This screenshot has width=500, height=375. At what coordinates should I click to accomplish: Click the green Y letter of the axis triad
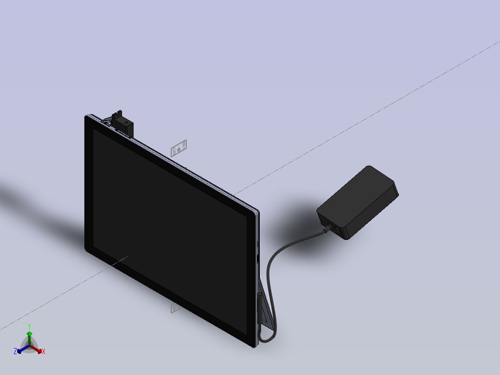coord(29,326)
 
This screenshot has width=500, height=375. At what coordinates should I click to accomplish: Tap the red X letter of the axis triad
coord(44,352)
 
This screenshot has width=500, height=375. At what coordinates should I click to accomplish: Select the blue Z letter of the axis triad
coord(15,352)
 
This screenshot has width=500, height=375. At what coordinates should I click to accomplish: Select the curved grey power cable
coord(270,269)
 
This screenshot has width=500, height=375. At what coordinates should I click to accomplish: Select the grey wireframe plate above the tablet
coord(179,148)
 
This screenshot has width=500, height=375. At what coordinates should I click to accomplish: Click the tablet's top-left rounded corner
coord(88,118)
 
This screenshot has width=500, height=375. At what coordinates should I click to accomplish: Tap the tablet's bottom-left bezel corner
coord(88,248)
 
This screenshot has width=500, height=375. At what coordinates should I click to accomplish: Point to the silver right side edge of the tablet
coord(257,278)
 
